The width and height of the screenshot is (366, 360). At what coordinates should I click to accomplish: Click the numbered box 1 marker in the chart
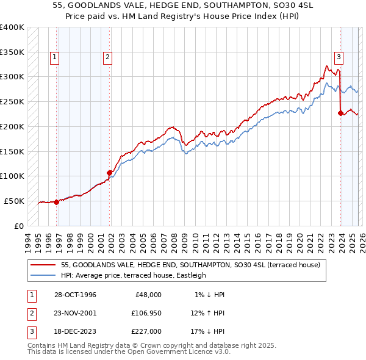tap(54, 57)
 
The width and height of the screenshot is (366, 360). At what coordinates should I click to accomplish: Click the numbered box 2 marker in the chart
tap(107, 57)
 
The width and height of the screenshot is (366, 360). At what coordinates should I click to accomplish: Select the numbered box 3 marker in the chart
tap(338, 57)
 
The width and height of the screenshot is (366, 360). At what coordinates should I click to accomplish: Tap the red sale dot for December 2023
tap(340, 113)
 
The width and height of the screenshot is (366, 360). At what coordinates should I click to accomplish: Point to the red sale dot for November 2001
tap(110, 173)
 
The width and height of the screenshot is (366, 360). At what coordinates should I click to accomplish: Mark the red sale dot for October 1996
tap(57, 202)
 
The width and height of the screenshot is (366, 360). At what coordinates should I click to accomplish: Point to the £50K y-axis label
tap(14, 201)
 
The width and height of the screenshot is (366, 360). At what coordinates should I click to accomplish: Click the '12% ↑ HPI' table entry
tap(208, 313)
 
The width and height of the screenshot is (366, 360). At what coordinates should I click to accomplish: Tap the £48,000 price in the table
tap(148, 295)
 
